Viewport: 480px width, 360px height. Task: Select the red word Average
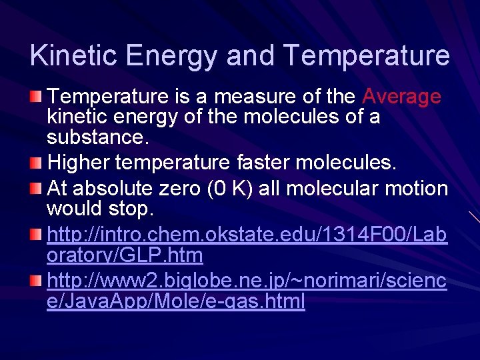pos(401,97)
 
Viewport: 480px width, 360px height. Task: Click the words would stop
pos(100,209)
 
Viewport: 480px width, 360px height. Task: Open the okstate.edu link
pos(247,235)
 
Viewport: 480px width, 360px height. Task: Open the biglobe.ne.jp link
pos(247,282)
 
